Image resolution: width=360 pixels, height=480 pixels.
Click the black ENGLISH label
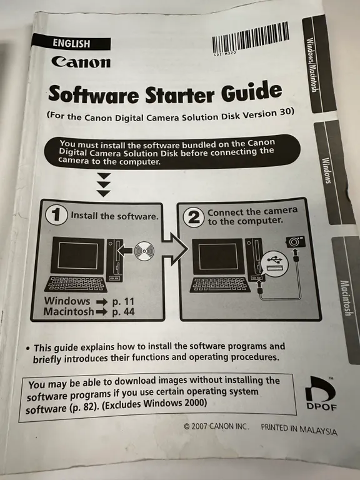[71, 42]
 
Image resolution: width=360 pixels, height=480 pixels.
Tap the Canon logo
[81, 61]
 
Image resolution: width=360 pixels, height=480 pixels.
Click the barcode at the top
[251, 38]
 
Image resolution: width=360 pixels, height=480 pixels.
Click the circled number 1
[57, 216]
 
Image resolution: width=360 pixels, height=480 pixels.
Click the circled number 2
[194, 217]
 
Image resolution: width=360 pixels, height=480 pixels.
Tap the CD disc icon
[144, 251]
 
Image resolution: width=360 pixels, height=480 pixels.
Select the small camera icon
[296, 242]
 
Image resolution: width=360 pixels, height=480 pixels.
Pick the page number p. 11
[123, 301]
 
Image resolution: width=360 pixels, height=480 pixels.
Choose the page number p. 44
[123, 312]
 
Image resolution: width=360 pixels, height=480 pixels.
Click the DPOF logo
[321, 393]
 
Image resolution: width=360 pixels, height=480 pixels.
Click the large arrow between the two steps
[174, 249]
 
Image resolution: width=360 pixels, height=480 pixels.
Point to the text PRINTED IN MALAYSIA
[299, 429]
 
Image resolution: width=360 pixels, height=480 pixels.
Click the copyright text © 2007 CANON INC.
[216, 426]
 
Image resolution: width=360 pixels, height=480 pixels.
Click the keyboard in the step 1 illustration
[76, 284]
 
